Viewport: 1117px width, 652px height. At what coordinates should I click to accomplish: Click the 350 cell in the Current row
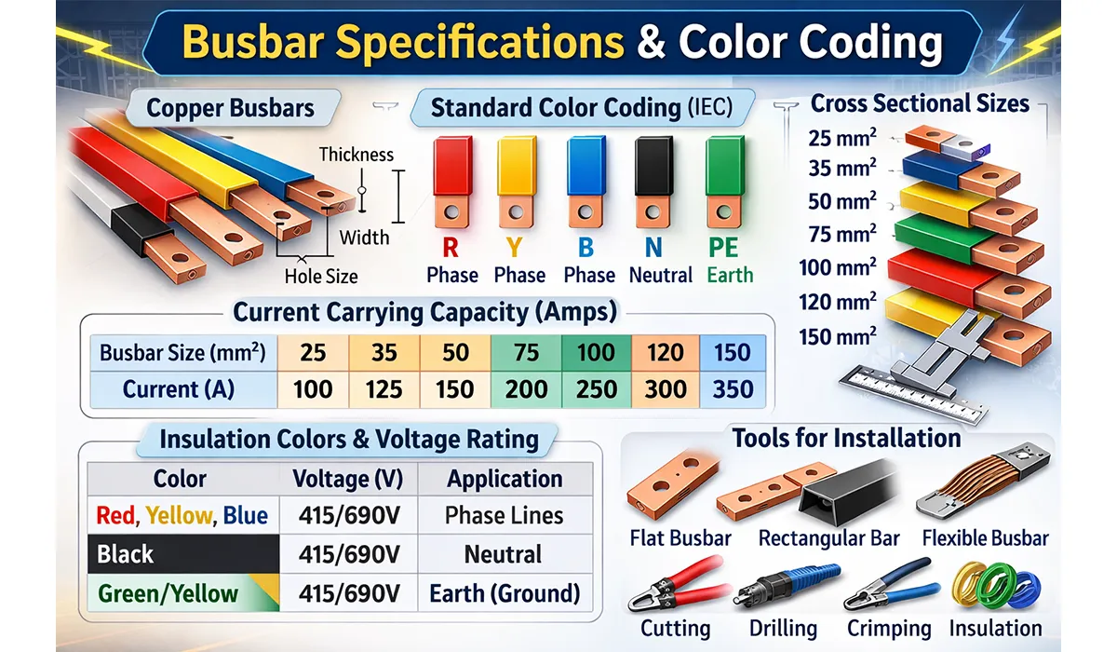(733, 388)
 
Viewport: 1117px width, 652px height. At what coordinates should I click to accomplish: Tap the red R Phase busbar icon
(451, 182)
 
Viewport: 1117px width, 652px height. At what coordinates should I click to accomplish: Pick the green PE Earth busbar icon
(723, 182)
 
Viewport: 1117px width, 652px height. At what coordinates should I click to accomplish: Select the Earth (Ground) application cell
(505, 593)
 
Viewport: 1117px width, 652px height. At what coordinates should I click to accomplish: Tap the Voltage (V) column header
(347, 479)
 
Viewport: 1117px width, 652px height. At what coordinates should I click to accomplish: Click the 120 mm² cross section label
(837, 303)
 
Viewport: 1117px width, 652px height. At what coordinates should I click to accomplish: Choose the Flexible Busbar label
(985, 538)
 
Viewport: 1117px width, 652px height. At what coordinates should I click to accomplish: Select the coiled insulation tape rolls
(994, 584)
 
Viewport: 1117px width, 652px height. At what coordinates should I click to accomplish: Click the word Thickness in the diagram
(356, 155)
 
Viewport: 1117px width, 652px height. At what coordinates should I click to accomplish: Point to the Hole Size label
(320, 276)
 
